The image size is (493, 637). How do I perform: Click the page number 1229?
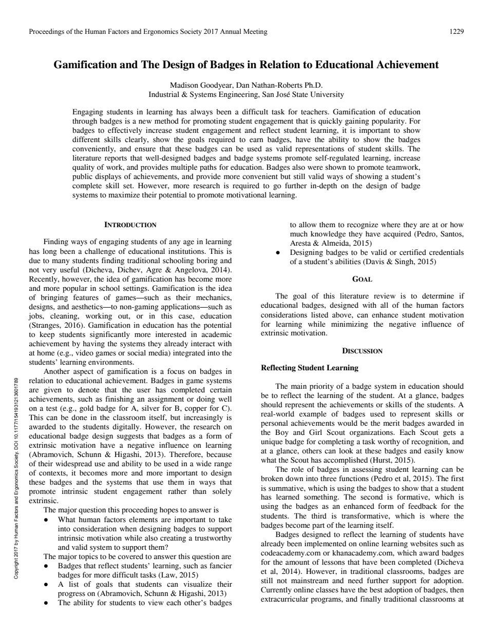click(x=457, y=32)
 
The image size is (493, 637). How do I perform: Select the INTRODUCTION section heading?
click(x=130, y=225)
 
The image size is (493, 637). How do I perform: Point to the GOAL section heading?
click(x=362, y=279)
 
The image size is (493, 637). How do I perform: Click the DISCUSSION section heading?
click(x=362, y=351)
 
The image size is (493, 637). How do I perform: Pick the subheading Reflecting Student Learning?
click(x=310, y=368)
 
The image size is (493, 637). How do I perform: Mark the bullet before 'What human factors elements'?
click(x=46, y=520)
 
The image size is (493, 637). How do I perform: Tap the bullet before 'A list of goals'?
click(x=46, y=584)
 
